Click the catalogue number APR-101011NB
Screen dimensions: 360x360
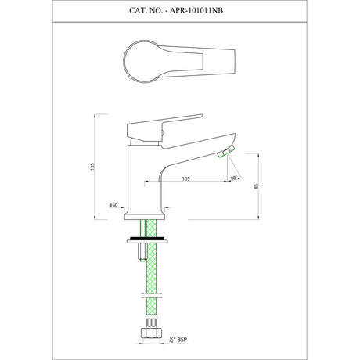(x=196, y=11)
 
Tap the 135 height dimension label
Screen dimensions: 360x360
(x=92, y=167)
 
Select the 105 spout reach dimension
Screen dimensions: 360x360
(x=185, y=179)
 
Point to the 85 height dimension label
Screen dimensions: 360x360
(x=256, y=186)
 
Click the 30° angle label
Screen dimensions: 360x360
(x=234, y=178)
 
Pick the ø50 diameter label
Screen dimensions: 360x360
(x=113, y=205)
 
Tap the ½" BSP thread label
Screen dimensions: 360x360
(x=178, y=340)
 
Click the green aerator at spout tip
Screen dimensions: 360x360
(x=226, y=152)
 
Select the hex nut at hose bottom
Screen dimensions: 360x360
(x=151, y=333)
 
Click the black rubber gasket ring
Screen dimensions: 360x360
(x=147, y=238)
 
